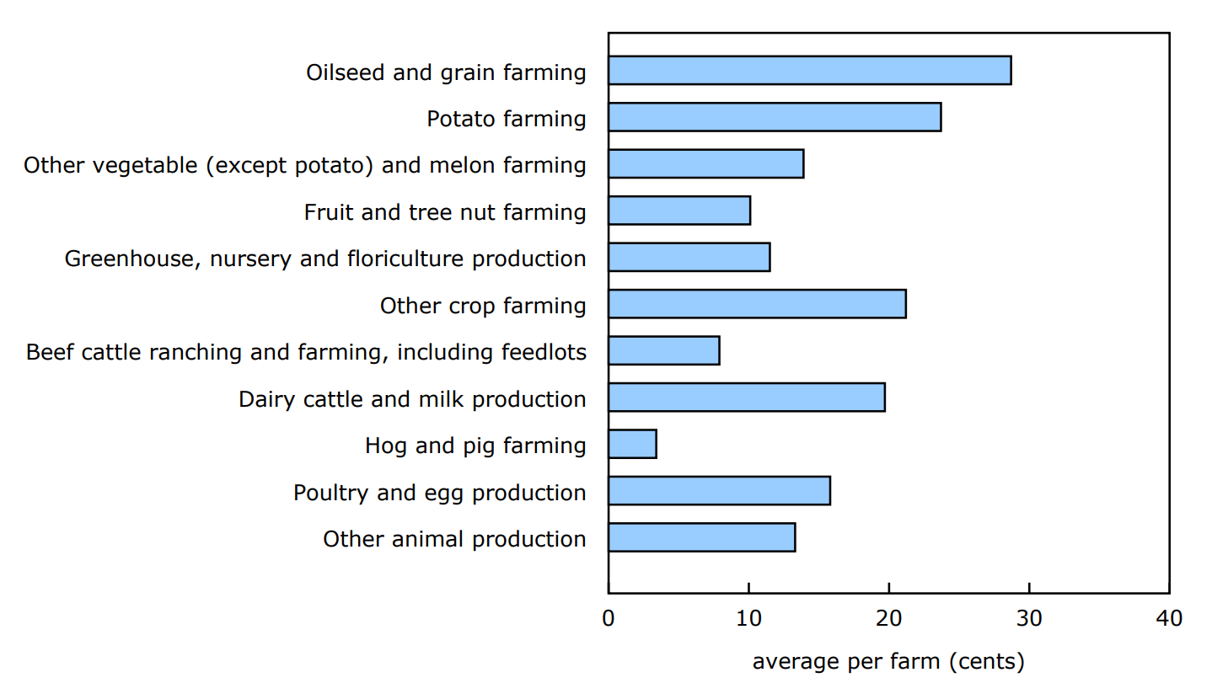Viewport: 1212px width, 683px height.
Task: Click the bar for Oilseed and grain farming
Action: click(809, 71)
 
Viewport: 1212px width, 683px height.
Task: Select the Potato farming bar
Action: click(775, 117)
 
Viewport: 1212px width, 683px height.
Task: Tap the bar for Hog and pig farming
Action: click(632, 444)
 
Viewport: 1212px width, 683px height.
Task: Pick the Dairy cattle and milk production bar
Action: click(746, 398)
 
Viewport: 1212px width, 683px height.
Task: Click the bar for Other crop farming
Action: click(757, 304)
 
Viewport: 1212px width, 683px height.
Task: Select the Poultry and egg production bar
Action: click(719, 491)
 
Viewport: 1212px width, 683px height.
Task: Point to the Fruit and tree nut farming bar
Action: click(679, 211)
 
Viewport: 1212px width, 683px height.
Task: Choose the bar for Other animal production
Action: click(701, 537)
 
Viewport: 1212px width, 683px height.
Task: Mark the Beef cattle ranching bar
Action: click(663, 350)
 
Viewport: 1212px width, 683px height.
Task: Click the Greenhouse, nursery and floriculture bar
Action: click(689, 257)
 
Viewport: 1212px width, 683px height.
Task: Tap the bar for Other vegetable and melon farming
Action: click(705, 164)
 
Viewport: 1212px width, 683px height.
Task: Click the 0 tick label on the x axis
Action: click(609, 619)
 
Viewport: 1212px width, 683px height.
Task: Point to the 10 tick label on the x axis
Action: click(748, 619)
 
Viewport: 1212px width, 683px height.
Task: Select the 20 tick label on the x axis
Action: click(888, 619)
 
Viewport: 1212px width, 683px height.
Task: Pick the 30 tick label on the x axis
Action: click(1029, 619)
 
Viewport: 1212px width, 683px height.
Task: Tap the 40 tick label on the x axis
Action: click(1169, 619)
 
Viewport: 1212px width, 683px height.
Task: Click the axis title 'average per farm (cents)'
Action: click(888, 662)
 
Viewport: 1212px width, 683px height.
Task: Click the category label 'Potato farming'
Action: click(507, 119)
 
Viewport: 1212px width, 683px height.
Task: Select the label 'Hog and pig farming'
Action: click(475, 446)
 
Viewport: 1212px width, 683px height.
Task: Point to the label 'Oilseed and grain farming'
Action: click(446, 72)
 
